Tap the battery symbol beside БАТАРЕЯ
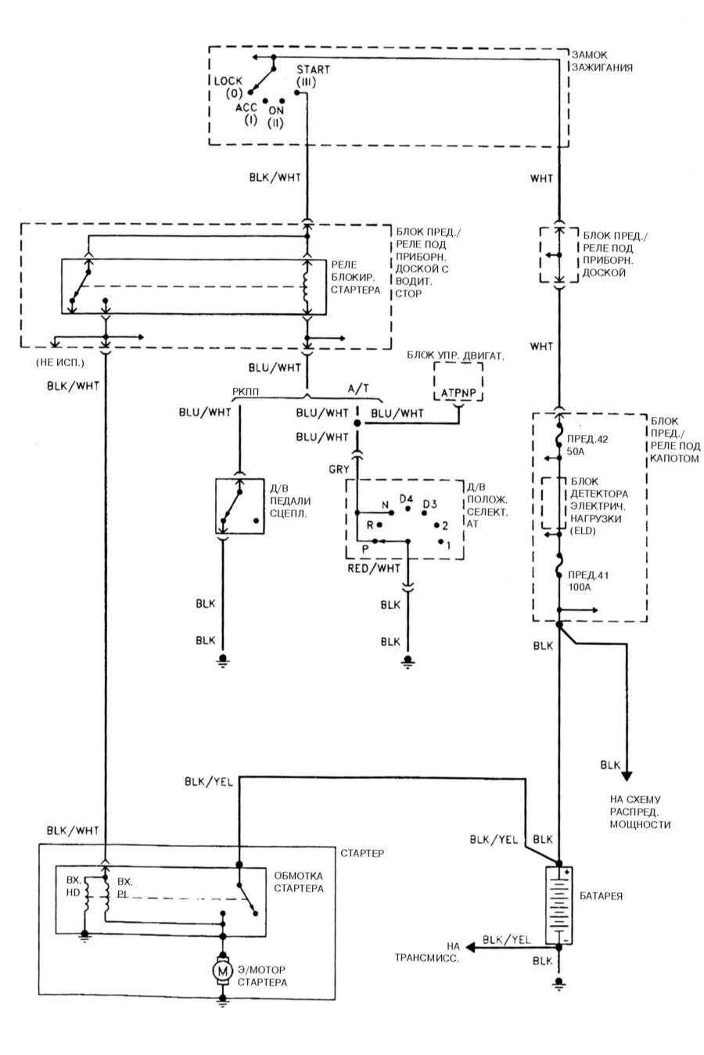(x=559, y=905)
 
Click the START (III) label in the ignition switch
(x=312, y=75)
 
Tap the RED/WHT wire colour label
(x=374, y=567)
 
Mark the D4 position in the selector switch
(x=406, y=499)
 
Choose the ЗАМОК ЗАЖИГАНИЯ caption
(x=602, y=61)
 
